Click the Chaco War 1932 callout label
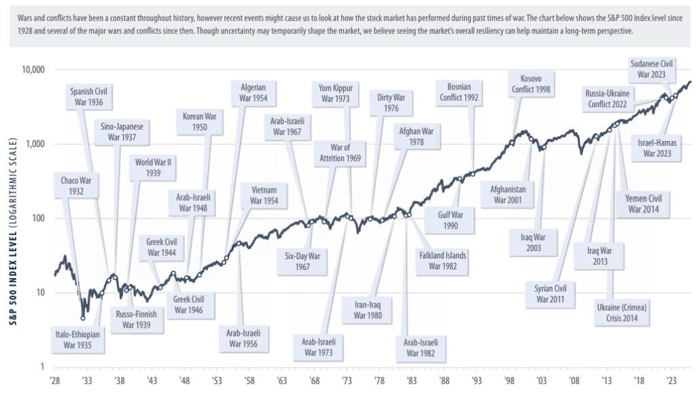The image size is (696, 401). (x=76, y=186)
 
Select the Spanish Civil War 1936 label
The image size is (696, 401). (x=90, y=97)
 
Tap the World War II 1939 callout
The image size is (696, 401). (x=153, y=167)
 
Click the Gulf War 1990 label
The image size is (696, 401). (x=450, y=220)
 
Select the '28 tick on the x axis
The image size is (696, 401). (x=55, y=381)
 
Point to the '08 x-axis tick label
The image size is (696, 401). (x=574, y=381)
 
